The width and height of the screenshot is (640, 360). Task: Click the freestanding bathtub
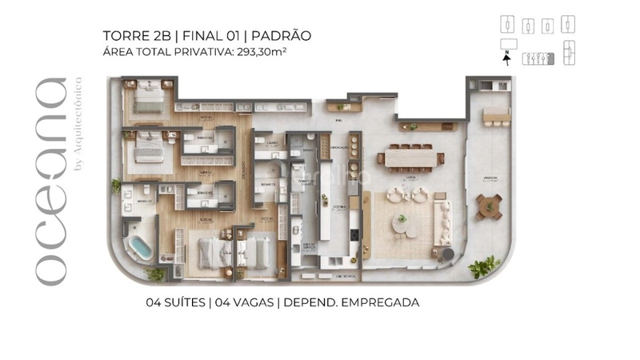click(142, 248)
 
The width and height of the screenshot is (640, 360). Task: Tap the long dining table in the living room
click(411, 158)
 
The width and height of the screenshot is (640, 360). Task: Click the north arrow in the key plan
click(506, 54)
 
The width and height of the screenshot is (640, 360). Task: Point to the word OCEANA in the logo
click(50, 181)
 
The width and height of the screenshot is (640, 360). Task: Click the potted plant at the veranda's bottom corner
click(482, 267)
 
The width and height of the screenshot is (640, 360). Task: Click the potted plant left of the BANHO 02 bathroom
click(116, 186)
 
